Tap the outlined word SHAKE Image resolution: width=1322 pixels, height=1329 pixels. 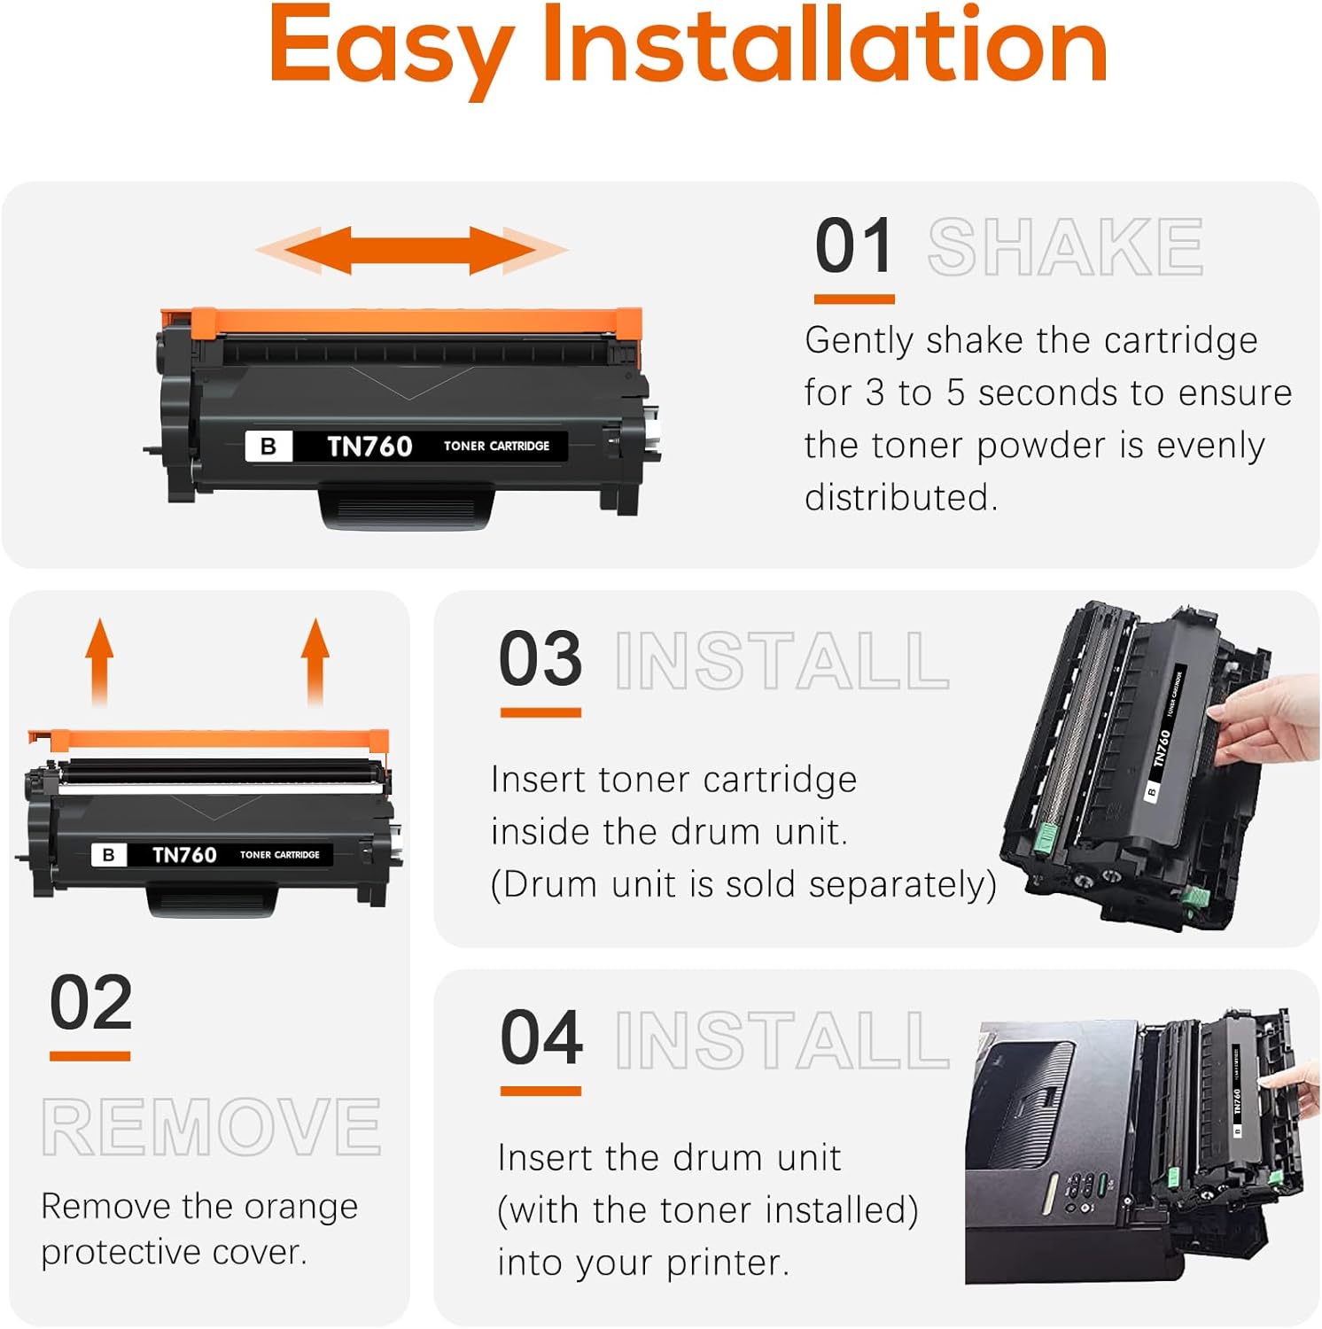(1065, 247)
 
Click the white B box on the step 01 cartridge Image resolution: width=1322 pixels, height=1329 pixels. (268, 447)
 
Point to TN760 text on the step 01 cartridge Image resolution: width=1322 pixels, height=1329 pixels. (369, 447)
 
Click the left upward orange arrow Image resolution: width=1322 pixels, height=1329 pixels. (99, 660)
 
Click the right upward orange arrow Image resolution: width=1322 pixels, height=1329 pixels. (315, 660)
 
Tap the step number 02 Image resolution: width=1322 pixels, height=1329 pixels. (90, 1003)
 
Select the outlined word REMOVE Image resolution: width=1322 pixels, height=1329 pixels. (211, 1127)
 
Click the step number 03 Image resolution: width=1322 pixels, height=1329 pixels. (540, 659)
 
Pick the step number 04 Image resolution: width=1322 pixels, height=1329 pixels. (541, 1038)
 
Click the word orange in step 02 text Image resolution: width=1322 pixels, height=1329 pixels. (300, 1207)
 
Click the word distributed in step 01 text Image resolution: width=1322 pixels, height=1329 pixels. (900, 498)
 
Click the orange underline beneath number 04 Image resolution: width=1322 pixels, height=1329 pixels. (540, 1091)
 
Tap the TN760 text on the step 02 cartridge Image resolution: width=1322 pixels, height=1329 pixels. (184, 855)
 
